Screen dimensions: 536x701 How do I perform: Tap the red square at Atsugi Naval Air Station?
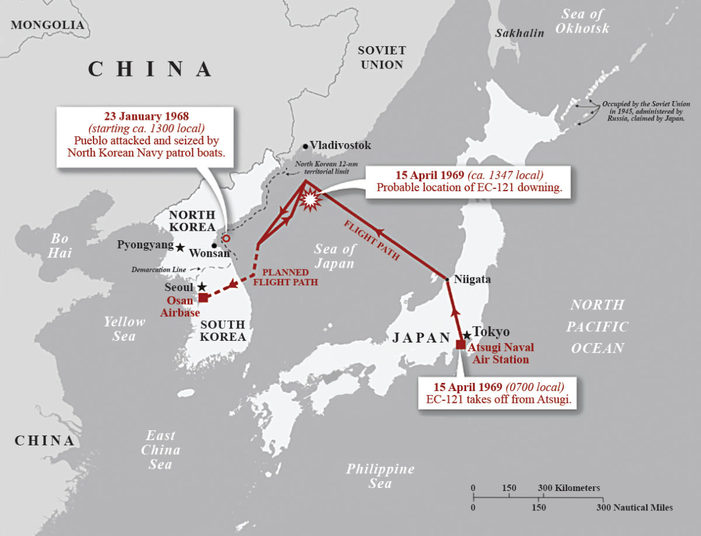(x=461, y=344)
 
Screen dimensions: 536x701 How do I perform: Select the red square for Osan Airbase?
(x=203, y=298)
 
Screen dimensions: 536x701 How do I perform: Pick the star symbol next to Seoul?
(x=202, y=287)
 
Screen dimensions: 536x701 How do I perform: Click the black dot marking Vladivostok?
(x=305, y=146)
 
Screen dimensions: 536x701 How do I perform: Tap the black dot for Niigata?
(x=447, y=280)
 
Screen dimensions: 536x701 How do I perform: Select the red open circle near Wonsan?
(x=226, y=238)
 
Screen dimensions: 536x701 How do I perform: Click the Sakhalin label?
(x=519, y=33)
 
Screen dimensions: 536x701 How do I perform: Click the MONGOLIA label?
(x=47, y=25)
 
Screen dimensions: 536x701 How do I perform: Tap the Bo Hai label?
(x=60, y=245)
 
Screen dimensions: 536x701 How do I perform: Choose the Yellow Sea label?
(x=124, y=328)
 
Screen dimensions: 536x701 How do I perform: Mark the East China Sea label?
(x=160, y=450)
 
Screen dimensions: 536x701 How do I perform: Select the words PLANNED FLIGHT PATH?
(x=286, y=277)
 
